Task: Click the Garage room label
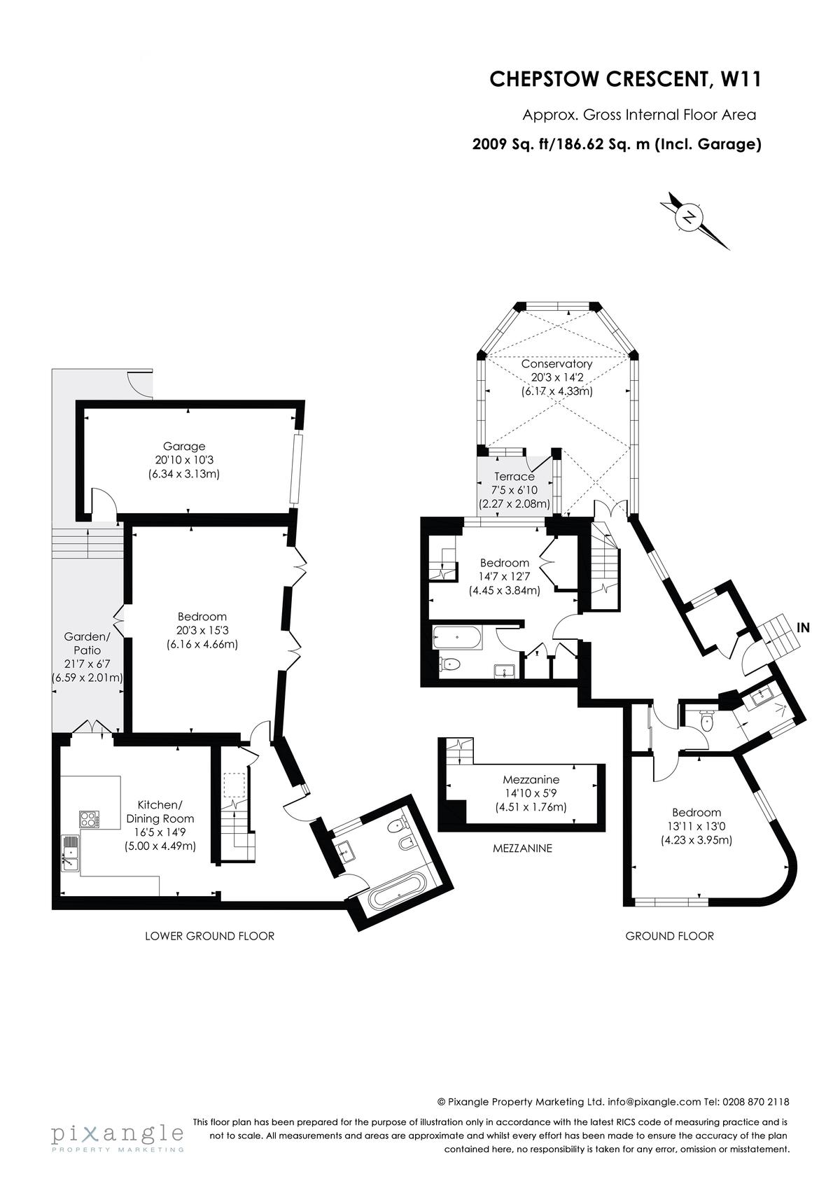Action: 184,446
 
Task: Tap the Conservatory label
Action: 556,364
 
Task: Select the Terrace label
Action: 514,476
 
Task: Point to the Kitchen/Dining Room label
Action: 160,811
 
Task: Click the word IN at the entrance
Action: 804,627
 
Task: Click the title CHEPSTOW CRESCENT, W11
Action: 625,79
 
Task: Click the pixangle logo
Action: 118,1137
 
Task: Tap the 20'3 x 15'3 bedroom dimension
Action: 202,631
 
